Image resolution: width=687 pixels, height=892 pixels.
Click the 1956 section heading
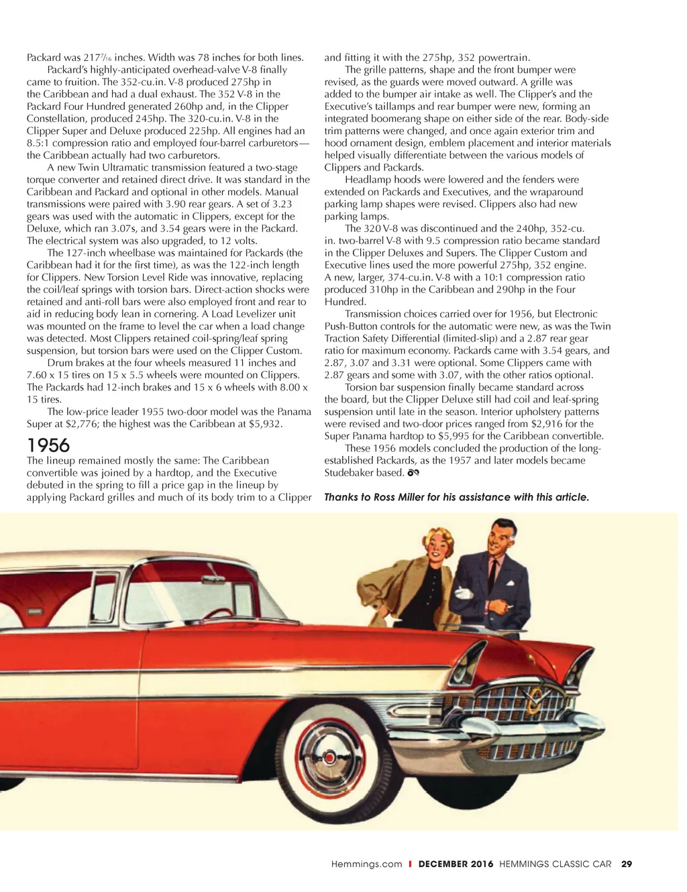48,445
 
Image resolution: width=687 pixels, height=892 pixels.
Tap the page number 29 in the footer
627,864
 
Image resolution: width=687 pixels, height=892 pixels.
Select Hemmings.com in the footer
366,864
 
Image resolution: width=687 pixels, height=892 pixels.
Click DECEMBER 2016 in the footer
456,864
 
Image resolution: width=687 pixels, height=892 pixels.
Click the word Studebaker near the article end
350,473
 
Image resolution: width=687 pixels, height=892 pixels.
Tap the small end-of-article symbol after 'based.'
413,473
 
